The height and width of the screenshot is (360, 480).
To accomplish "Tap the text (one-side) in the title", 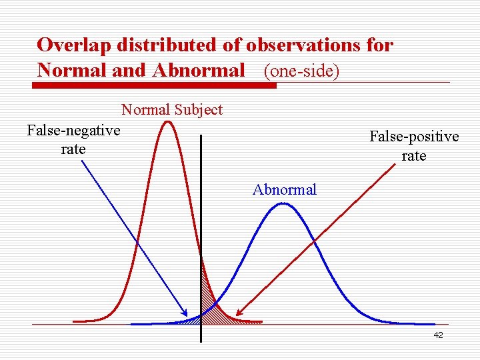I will click(x=301, y=71).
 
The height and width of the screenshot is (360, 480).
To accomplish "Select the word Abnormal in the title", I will click(x=199, y=70).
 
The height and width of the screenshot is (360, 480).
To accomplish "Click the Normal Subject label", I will click(x=171, y=109).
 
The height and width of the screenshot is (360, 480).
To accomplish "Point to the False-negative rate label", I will click(x=73, y=139).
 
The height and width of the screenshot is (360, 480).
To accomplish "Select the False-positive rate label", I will click(x=414, y=146).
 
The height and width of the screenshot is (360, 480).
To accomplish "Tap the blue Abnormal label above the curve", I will click(x=285, y=190).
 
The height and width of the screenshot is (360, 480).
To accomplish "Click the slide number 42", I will click(x=438, y=335).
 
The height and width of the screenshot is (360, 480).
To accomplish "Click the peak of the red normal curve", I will click(x=169, y=121).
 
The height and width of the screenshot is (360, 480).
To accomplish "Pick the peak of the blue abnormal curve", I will click(x=283, y=203).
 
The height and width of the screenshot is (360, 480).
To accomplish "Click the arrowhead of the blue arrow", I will click(x=185, y=313).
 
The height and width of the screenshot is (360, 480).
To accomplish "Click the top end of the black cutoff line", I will click(x=201, y=136).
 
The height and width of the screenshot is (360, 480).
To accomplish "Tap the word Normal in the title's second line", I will click(x=72, y=70).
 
